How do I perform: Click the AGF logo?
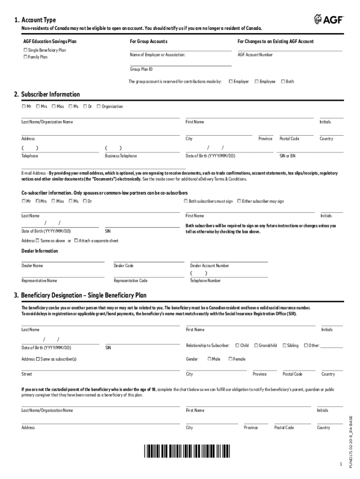pyautogui.click(x=328, y=19)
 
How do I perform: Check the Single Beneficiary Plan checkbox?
pyautogui.click(x=25, y=50)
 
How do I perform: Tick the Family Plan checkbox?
pyautogui.click(x=25, y=57)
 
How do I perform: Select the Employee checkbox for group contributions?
pyautogui.click(x=257, y=81)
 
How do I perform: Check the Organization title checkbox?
pyautogui.click(x=99, y=106)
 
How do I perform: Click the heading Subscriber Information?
pyautogui.click(x=47, y=94)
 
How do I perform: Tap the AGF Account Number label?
pyautogui.click(x=255, y=55)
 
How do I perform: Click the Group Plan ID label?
pyautogui.click(x=141, y=69)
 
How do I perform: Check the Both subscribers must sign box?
pyautogui.click(x=186, y=201)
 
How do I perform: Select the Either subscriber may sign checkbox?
pyautogui.click(x=239, y=201)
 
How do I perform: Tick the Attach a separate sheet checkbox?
pyautogui.click(x=76, y=241)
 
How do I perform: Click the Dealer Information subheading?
pyautogui.click(x=40, y=251)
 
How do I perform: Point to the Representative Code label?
pyautogui.click(x=130, y=281)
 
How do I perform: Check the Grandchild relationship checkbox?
pyautogui.click(x=256, y=346)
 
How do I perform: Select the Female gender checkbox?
pyautogui.click(x=230, y=359)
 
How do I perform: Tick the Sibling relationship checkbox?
pyautogui.click(x=284, y=346)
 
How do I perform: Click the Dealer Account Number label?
pyautogui.click(x=209, y=266)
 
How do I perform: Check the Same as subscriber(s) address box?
pyautogui.click(x=37, y=359)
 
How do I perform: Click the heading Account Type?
pyautogui.click(x=35, y=20)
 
